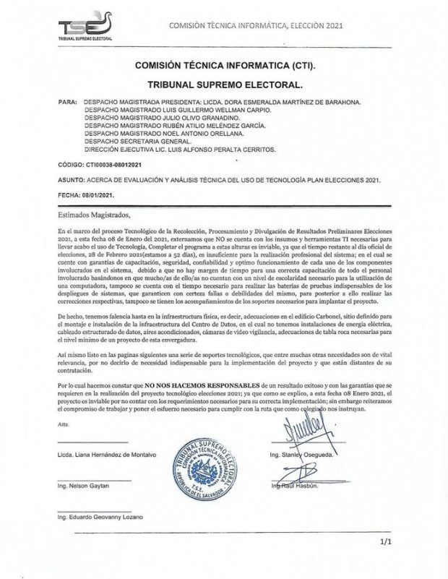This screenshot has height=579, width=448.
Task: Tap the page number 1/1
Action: click(x=389, y=539)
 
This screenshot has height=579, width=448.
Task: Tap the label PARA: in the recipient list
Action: click(x=67, y=103)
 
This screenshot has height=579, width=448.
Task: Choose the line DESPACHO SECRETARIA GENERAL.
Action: click(x=137, y=141)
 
